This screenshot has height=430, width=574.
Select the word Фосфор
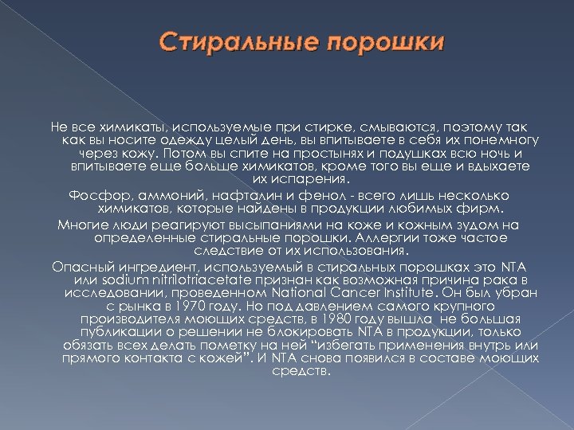tap(92, 193)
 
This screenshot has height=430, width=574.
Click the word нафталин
tap(225, 193)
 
